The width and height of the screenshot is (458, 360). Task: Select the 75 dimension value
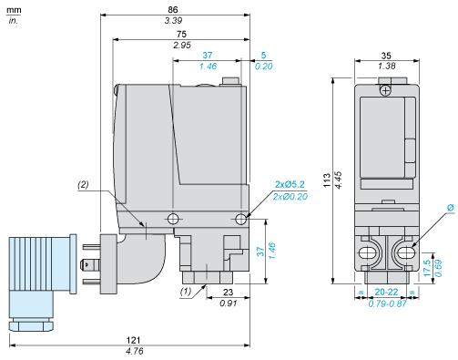(x=183, y=33)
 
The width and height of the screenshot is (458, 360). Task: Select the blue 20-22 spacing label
(x=385, y=293)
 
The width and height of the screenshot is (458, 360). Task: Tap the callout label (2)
(x=83, y=185)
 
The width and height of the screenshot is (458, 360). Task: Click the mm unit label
(x=14, y=8)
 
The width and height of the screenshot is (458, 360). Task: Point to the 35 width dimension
(x=385, y=55)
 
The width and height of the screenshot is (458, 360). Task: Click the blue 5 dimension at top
(x=262, y=55)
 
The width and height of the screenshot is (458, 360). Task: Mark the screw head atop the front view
(x=386, y=89)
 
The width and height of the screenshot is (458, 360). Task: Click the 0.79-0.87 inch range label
(x=385, y=303)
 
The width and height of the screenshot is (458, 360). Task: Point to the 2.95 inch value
(x=183, y=44)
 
